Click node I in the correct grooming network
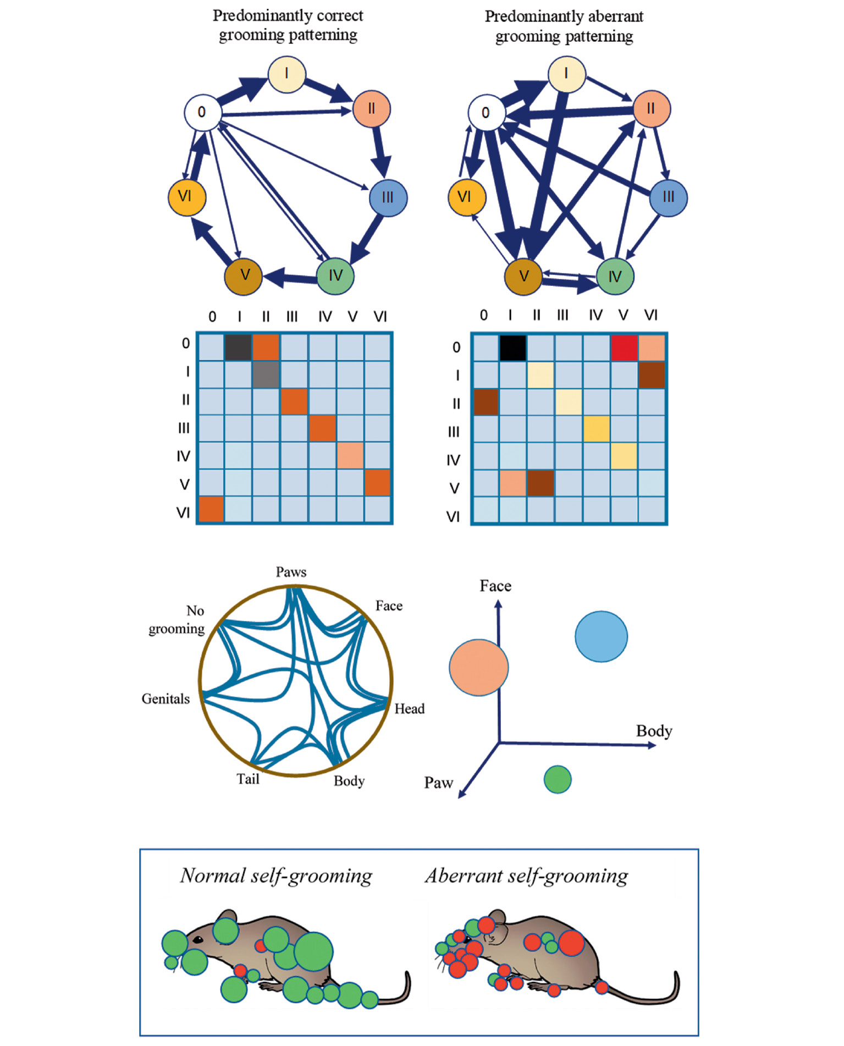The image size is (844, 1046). click(286, 74)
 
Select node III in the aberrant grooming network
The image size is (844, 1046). click(668, 197)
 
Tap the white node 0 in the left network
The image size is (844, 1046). click(202, 113)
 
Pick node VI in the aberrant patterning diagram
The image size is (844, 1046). click(466, 197)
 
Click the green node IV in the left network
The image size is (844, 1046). click(335, 276)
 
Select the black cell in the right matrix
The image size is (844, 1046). click(513, 347)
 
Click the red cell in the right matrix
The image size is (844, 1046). click(624, 347)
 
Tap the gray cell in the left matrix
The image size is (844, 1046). click(266, 375)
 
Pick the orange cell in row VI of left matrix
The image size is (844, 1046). click(211, 509)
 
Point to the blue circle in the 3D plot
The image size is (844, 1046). click(601, 636)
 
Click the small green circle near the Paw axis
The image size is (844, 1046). click(558, 779)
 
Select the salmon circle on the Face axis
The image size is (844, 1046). click(478, 667)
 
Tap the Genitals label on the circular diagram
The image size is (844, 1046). click(166, 698)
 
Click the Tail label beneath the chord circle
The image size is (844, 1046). click(248, 779)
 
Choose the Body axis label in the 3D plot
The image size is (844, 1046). click(654, 731)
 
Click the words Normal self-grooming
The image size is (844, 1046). click(276, 876)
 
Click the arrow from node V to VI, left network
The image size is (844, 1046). click(211, 240)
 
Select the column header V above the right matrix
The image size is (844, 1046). click(623, 315)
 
